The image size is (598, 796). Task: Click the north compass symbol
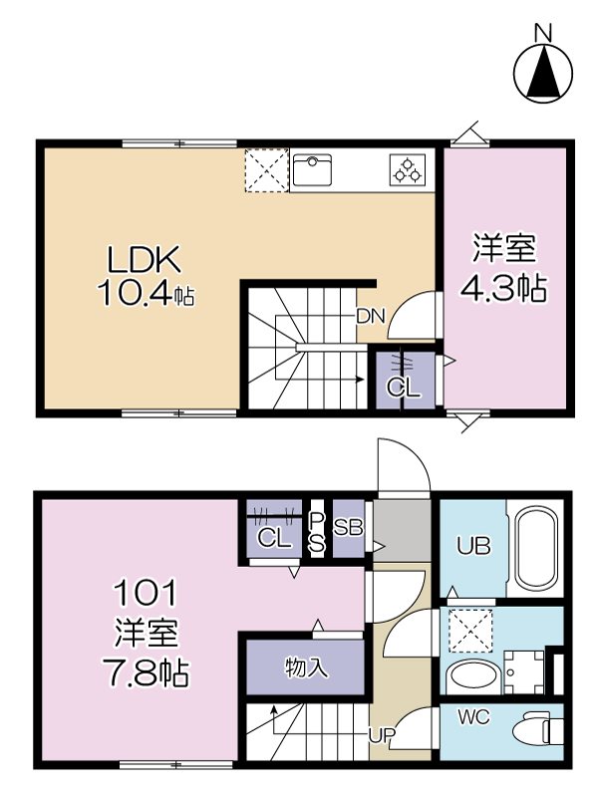pyautogui.click(x=543, y=70)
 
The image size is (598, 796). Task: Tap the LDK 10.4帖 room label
pyautogui.click(x=145, y=276)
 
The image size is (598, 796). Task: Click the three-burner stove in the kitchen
pyautogui.click(x=407, y=169)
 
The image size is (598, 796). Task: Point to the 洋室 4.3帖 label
pyautogui.click(x=502, y=269)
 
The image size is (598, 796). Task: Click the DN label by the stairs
pyautogui.click(x=371, y=317)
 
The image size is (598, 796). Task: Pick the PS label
pyautogui.click(x=317, y=532)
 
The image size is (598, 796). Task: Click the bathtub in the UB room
pyautogui.click(x=536, y=548)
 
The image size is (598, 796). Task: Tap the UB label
pyautogui.click(x=472, y=546)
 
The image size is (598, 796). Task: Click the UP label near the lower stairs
pyautogui.click(x=382, y=736)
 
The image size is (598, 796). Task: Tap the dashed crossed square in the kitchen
pyautogui.click(x=266, y=169)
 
